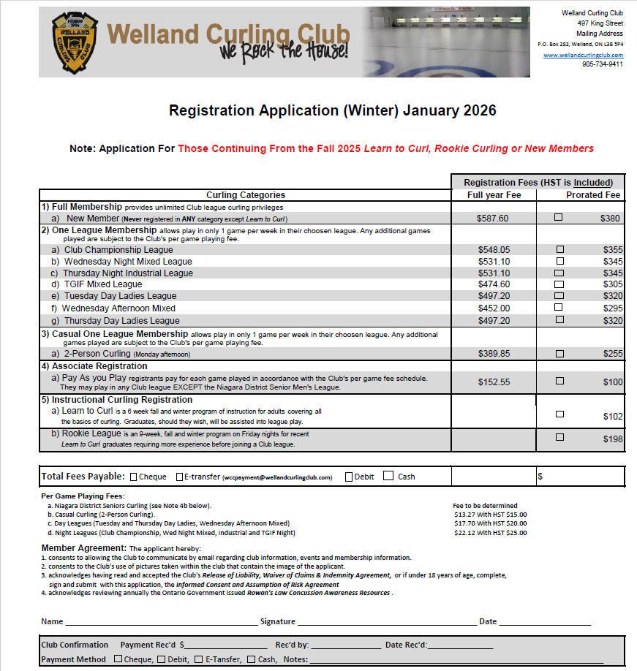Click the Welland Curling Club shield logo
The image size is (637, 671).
(x=71, y=42)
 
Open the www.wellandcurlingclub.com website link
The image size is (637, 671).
(x=583, y=55)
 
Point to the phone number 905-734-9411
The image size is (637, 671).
(x=603, y=64)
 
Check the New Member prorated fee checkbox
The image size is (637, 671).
(x=559, y=217)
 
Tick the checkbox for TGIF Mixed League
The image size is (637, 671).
(x=559, y=284)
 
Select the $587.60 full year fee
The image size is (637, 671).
(x=493, y=218)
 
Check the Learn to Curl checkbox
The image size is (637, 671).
(x=559, y=414)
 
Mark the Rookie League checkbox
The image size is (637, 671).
(x=559, y=437)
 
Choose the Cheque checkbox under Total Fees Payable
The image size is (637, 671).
(x=134, y=477)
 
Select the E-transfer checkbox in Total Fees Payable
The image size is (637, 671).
(x=180, y=477)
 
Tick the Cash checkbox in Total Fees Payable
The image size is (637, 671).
(x=388, y=477)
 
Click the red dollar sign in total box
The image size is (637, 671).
(x=540, y=477)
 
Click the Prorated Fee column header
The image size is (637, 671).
(x=592, y=195)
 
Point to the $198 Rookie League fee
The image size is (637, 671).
(x=613, y=439)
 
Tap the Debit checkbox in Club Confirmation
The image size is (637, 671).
(x=161, y=659)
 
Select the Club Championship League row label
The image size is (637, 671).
(x=118, y=250)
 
